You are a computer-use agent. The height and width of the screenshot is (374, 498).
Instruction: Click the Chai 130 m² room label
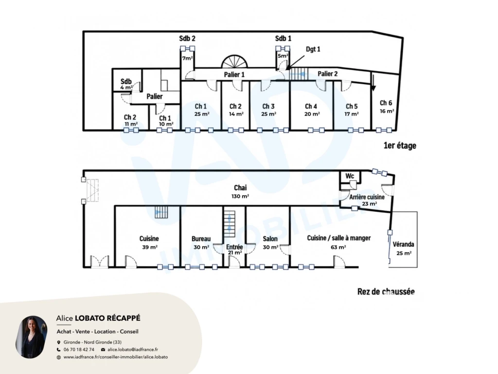click(240, 191)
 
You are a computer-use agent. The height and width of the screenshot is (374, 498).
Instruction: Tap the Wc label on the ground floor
click(350, 176)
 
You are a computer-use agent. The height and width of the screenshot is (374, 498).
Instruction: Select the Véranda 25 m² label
click(403, 248)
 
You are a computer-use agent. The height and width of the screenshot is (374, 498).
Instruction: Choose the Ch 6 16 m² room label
click(387, 107)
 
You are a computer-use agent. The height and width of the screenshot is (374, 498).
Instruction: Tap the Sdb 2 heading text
click(187, 38)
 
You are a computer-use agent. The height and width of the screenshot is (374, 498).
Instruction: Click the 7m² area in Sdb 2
click(187, 58)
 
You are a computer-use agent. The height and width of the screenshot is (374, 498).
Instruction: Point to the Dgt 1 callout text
click(313, 49)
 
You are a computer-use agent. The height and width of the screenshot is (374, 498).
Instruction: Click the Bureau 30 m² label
click(201, 243)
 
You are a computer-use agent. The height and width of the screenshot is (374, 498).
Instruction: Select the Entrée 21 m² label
click(234, 249)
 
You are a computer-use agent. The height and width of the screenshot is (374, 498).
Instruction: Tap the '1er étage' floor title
click(400, 146)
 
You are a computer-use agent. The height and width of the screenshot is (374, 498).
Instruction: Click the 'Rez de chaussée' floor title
click(386, 291)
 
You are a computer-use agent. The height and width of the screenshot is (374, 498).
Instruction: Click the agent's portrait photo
click(32, 337)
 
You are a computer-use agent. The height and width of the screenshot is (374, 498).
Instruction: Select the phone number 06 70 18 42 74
click(79, 350)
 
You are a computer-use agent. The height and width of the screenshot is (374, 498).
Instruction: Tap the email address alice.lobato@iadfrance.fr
click(133, 350)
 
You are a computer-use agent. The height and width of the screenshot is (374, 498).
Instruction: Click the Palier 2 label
click(327, 74)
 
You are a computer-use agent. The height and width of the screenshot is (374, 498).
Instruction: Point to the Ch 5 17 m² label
click(352, 110)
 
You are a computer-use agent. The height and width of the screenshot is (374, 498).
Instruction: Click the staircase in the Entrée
click(230, 224)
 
